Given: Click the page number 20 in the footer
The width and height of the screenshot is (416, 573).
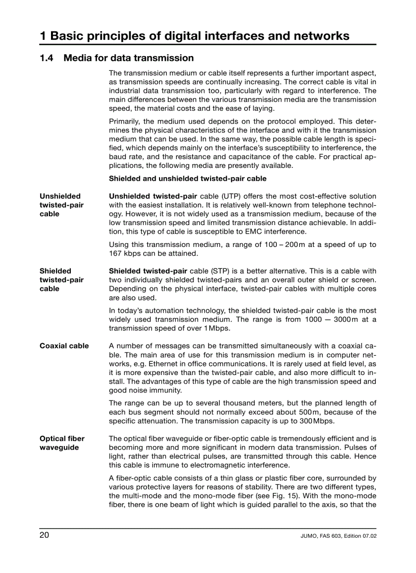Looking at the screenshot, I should click(x=44, y=535).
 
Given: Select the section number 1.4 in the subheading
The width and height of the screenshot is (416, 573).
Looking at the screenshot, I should click(x=46, y=58).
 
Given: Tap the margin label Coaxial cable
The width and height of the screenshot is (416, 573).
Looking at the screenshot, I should click(x=64, y=346).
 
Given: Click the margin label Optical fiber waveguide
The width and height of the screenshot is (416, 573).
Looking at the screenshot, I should click(x=62, y=443).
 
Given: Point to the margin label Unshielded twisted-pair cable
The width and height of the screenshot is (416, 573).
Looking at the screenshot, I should click(x=61, y=205).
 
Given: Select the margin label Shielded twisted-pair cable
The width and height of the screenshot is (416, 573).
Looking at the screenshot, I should click(x=61, y=280).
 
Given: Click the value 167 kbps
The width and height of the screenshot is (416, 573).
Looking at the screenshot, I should click(x=124, y=254).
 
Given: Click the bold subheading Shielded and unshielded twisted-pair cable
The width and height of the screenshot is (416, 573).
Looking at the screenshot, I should click(x=187, y=179).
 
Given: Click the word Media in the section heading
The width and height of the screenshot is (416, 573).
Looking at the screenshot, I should click(x=79, y=58).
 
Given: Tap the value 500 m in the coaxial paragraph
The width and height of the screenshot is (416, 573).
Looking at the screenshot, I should click(x=309, y=412).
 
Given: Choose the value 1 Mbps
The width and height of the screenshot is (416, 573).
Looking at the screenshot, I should click(x=217, y=328).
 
